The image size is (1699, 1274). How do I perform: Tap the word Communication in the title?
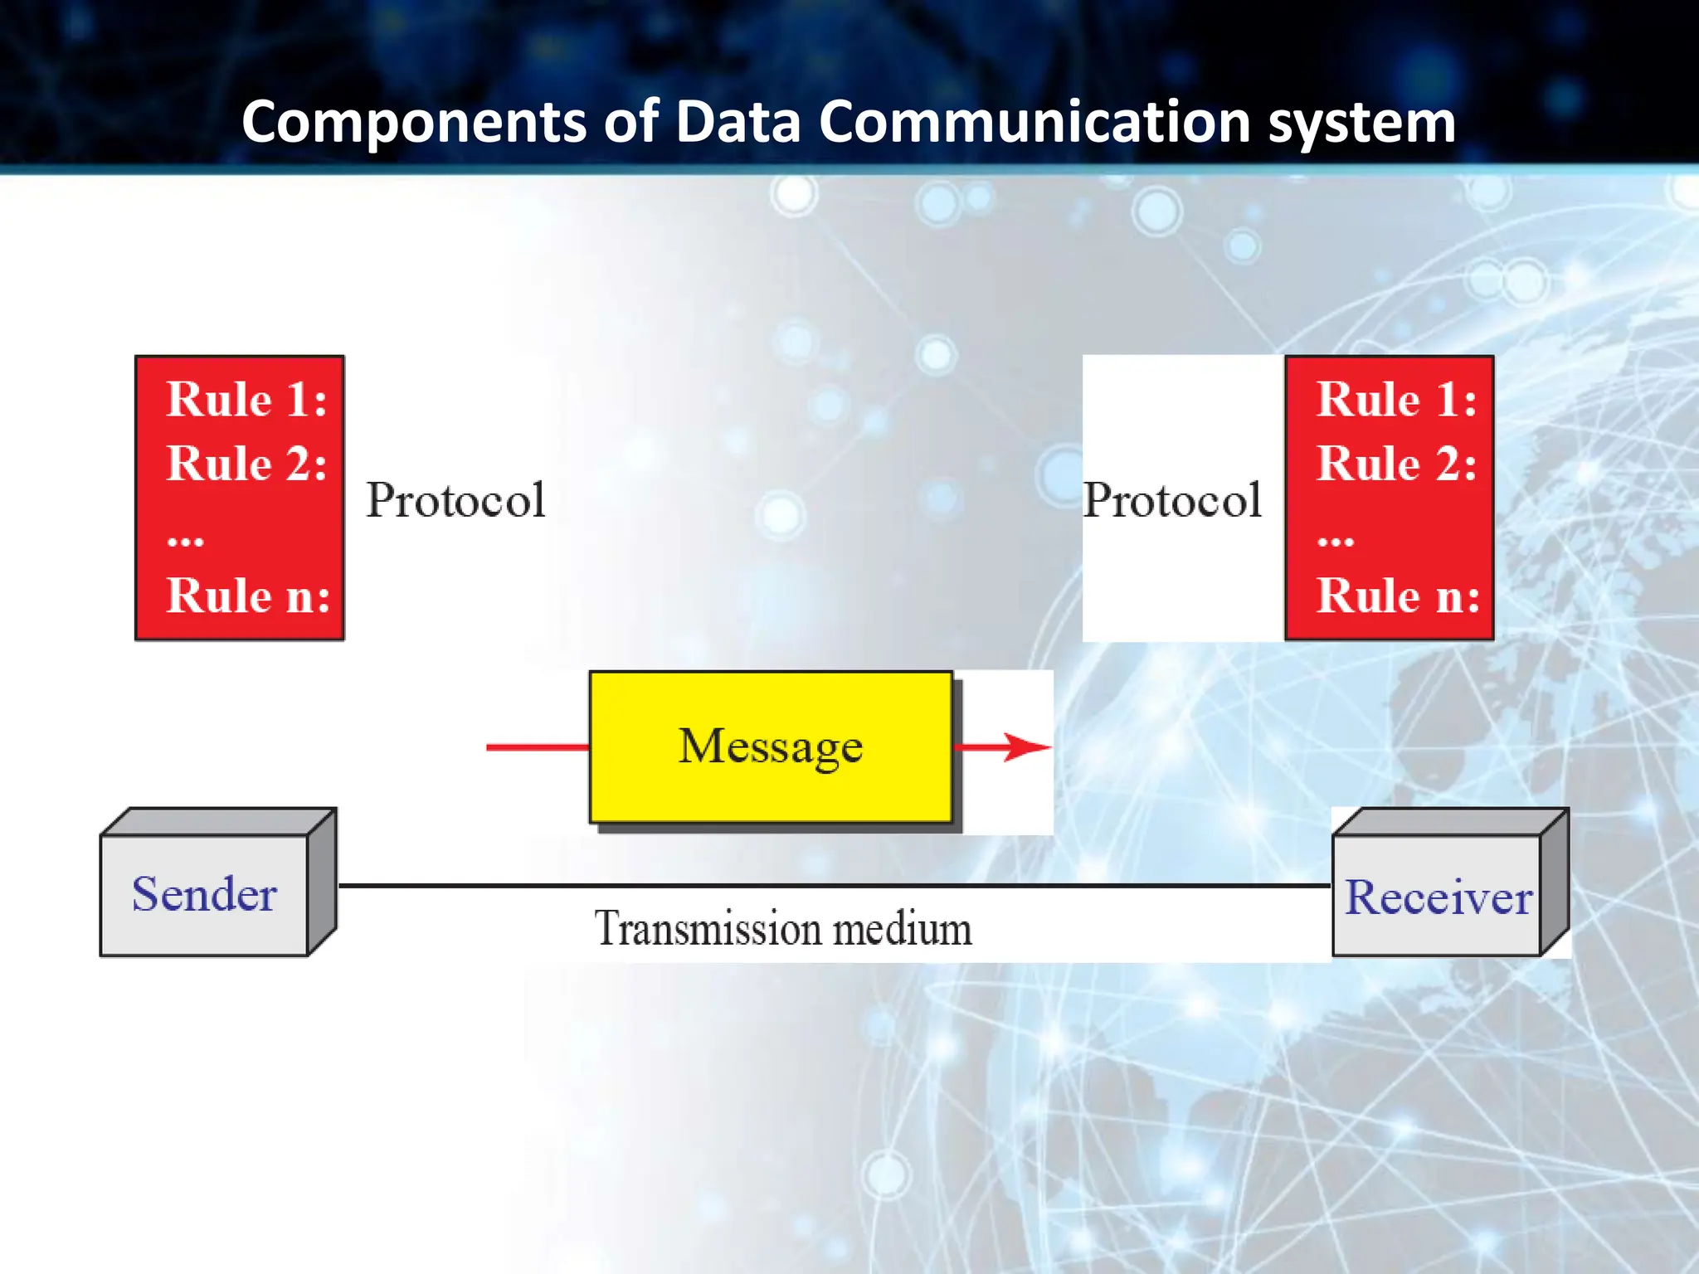[x=1034, y=123]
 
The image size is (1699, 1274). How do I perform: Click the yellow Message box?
[x=771, y=746]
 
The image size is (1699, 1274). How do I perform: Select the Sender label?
[x=204, y=895]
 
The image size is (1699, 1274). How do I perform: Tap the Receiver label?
[x=1438, y=897]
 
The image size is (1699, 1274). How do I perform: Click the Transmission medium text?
[x=782, y=928]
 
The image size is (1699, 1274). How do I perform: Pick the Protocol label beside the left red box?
[x=456, y=500]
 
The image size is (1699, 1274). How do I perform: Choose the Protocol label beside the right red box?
[x=1172, y=500]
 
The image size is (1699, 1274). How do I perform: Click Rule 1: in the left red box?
[x=246, y=400]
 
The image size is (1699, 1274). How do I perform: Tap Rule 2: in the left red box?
[x=246, y=464]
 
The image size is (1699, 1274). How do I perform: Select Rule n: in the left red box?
[x=248, y=596]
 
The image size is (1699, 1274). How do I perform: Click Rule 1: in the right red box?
[x=1397, y=400]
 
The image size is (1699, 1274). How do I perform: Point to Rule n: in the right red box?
[x=1398, y=596]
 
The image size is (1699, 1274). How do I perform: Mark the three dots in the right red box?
[x=1336, y=542]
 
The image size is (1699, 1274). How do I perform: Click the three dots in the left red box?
[x=185, y=542]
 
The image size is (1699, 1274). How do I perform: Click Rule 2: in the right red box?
[x=1397, y=464]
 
